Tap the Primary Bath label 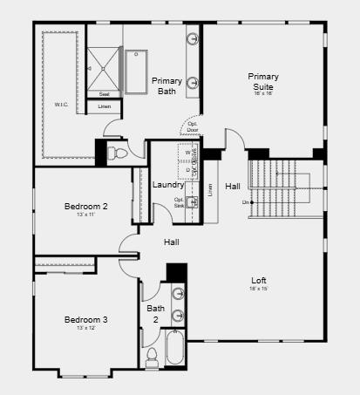pos(166,85)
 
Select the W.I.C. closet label pos(61,105)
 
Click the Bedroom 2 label pos(86,207)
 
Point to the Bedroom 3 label pos(86,320)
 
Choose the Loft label pos(259,281)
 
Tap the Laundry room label pos(167,185)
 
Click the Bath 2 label pos(155,313)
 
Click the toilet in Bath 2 pos(152,356)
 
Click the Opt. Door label pos(192,126)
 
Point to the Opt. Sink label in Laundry pos(179,202)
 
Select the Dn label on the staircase pos(246,202)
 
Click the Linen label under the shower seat pos(104,106)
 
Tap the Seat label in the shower pos(104,93)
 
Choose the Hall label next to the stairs pos(233,186)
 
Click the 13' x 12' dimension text pos(86,329)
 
